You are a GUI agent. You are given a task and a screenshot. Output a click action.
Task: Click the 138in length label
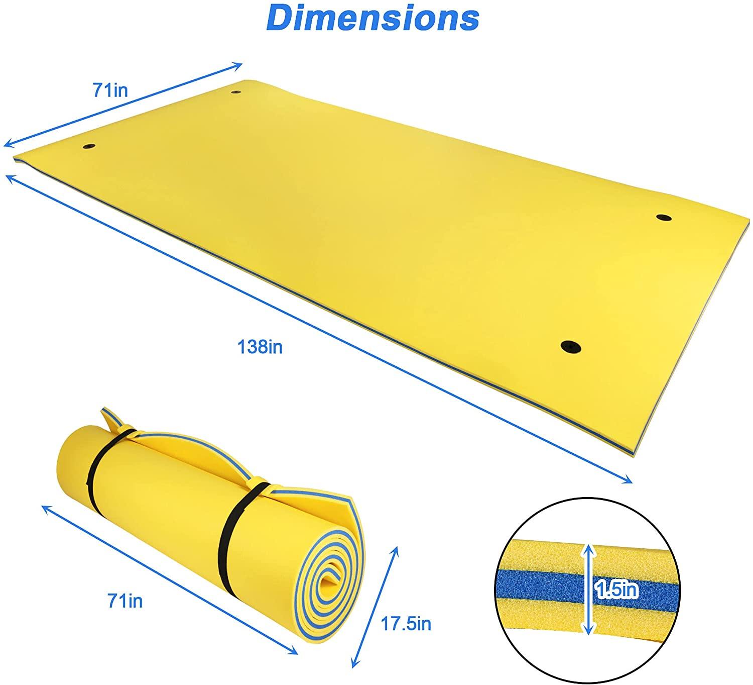point(260,347)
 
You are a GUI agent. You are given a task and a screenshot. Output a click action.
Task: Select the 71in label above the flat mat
point(110,90)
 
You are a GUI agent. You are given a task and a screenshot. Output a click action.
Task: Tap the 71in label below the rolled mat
point(125,601)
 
